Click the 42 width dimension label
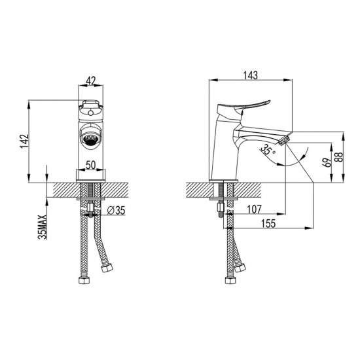91,81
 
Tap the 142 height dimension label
25,141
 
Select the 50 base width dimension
91,165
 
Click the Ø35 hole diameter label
117,210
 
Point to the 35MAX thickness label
43,227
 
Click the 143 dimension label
251,75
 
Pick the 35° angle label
268,149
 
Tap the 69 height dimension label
327,162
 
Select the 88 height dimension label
340,157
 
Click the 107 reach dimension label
254,209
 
